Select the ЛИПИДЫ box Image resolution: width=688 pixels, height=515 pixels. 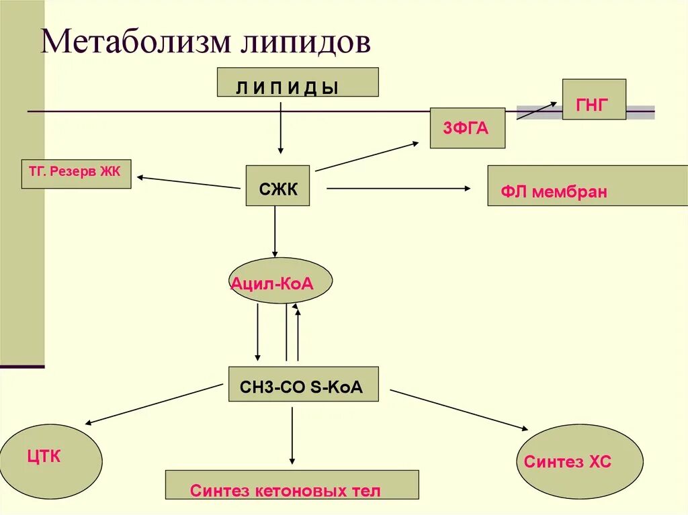[298, 82]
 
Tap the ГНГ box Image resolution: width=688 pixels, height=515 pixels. [594, 99]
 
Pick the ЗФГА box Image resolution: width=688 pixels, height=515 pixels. [468, 128]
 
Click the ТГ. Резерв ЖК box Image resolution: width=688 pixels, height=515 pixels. [76, 173]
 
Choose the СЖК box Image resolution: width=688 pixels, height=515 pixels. [278, 185]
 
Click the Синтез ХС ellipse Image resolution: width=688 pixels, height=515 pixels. [580, 461]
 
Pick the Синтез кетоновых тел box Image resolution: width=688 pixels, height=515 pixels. [292, 485]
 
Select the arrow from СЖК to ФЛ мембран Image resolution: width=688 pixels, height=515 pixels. [399, 189]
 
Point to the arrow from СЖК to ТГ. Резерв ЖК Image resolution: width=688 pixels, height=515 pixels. [189, 183]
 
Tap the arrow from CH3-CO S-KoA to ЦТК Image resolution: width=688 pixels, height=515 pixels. [154, 404]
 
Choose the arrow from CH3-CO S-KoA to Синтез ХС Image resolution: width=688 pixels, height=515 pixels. [458, 409]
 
